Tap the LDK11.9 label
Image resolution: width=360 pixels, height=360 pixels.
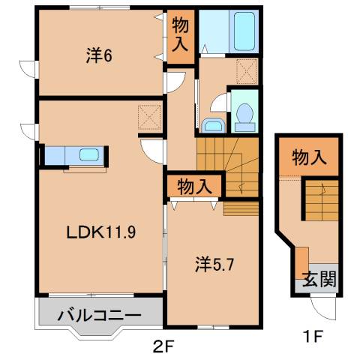[x=99, y=232]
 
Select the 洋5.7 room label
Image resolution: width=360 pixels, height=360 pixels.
[x=214, y=265]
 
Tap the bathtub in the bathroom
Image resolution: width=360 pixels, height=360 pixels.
[x=245, y=31]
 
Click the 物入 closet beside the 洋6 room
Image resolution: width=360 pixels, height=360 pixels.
[x=181, y=35]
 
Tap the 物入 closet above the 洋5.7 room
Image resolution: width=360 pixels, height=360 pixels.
[x=193, y=184]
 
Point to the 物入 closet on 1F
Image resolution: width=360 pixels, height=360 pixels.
[x=309, y=157]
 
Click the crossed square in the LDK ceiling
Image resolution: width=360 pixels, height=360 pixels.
[x=149, y=117]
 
